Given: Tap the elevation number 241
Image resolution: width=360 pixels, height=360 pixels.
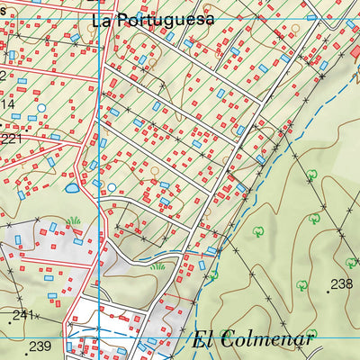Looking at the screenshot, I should (x=22, y=315).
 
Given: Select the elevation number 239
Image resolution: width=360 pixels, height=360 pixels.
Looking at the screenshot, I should (x=39, y=346).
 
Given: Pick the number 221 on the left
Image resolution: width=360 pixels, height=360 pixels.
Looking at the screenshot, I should (x=11, y=139).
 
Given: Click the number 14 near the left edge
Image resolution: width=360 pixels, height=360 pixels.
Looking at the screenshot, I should (x=7, y=104).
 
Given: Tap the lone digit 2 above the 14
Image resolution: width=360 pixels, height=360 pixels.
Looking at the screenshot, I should (x=3, y=76).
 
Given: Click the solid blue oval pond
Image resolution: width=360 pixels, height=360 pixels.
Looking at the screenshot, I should (x=71, y=189).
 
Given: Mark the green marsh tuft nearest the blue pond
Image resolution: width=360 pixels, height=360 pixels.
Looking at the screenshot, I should (x=73, y=220).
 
